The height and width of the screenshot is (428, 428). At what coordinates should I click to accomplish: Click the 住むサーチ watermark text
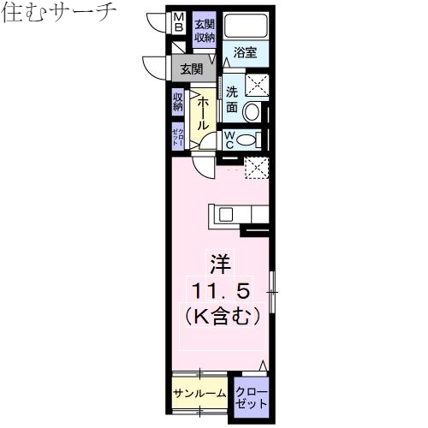[59, 13]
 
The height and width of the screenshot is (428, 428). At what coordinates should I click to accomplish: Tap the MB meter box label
[178, 22]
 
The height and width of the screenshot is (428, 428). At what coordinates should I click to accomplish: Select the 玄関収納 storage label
[204, 30]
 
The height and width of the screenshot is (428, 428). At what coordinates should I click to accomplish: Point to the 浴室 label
[246, 52]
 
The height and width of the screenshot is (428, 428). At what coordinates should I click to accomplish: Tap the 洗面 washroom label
[232, 101]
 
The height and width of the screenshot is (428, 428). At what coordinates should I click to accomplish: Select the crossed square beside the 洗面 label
[256, 86]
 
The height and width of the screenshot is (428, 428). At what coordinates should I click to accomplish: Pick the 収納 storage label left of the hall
[178, 103]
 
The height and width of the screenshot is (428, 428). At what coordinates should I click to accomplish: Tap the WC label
[231, 140]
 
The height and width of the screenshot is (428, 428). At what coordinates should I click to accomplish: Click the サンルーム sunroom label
[199, 393]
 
